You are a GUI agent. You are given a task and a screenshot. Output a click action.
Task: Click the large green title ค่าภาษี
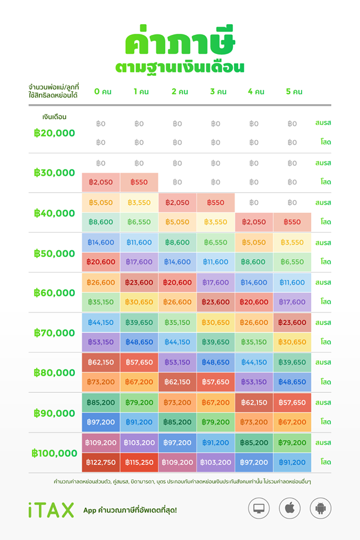coord(180,40)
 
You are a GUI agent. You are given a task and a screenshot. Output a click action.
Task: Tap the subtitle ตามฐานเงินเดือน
coord(180,67)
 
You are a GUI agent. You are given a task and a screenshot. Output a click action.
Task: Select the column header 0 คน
coord(103,92)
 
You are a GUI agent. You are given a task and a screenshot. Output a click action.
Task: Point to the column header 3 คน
coord(218,92)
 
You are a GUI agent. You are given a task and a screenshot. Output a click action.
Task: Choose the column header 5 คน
coord(294,92)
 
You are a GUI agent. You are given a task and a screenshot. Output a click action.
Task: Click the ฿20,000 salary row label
coord(55,133)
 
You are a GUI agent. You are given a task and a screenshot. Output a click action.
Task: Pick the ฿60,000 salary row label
coord(55,293)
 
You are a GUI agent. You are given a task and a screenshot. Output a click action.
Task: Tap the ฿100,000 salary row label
coord(55,453)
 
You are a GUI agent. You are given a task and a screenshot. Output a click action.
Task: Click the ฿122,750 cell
coord(101,462)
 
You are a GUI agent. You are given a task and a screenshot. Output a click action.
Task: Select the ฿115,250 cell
coord(139,462)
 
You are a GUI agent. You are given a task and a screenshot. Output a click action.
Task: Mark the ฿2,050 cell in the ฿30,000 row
coord(101,182)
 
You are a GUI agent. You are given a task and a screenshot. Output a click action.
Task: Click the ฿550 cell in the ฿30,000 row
coord(139,182)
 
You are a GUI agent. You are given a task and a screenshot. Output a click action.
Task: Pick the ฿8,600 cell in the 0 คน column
coord(101,222)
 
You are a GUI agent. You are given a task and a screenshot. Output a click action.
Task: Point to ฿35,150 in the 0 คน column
coord(101,302)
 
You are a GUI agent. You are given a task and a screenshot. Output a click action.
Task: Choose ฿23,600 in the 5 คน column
coord(292,323)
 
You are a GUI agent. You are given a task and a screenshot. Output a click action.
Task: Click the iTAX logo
coord(51,510)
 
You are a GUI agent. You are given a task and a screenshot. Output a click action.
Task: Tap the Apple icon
coord(290,508)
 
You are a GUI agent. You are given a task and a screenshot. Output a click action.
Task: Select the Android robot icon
coord(321,508)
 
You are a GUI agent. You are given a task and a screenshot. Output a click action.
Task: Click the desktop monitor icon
coord(259,508)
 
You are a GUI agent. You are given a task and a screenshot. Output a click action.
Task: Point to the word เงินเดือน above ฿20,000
coord(55,117)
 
